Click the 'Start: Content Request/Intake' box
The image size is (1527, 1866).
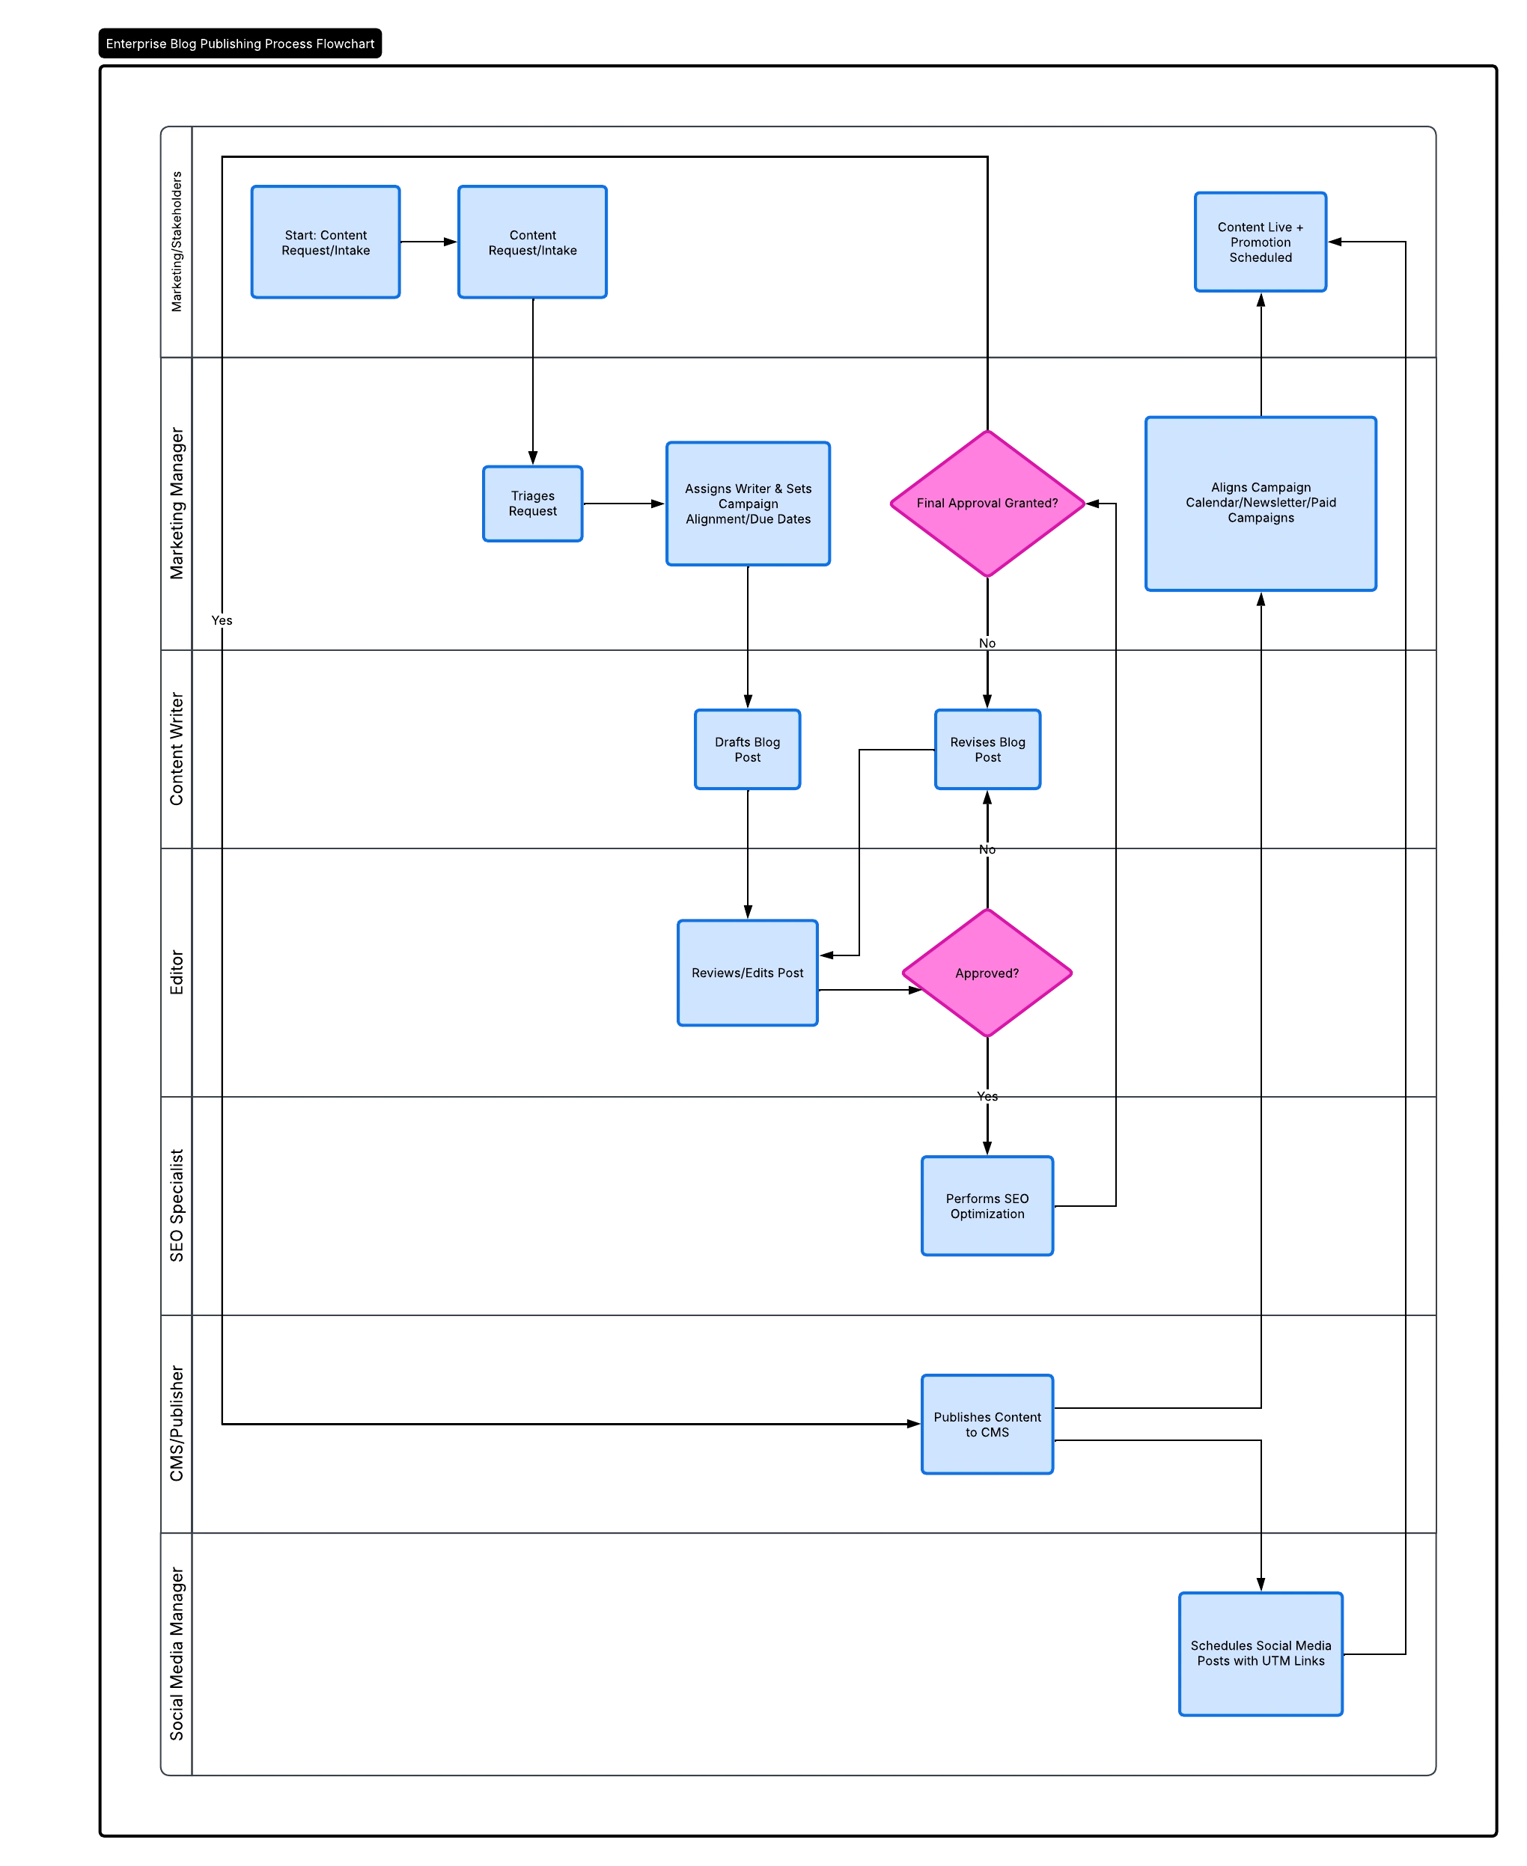coord(326,242)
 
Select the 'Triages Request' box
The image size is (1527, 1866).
coord(532,503)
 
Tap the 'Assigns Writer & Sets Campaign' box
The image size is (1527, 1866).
coord(748,503)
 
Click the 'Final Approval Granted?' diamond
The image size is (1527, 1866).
coord(987,503)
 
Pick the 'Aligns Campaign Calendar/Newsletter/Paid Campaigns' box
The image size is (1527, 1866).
coord(1261,503)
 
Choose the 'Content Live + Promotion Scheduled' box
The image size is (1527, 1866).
coord(1261,242)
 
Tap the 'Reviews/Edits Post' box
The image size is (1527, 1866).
coord(748,973)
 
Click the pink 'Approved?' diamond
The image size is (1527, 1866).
coord(987,973)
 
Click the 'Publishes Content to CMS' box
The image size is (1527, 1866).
coord(987,1424)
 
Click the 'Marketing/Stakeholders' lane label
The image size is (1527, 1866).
coord(177,242)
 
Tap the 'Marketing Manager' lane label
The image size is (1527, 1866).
coord(177,503)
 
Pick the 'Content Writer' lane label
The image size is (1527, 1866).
coord(177,749)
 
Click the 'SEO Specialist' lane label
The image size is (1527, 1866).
coord(177,1205)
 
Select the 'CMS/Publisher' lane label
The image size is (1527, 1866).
coord(177,1424)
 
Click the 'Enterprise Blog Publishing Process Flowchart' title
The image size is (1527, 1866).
coord(240,44)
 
